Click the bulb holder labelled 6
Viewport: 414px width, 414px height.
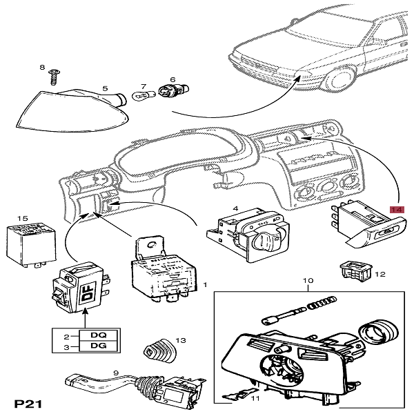coord(168,90)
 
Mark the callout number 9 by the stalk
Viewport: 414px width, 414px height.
coord(117,373)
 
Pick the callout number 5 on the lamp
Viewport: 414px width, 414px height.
coord(105,88)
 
